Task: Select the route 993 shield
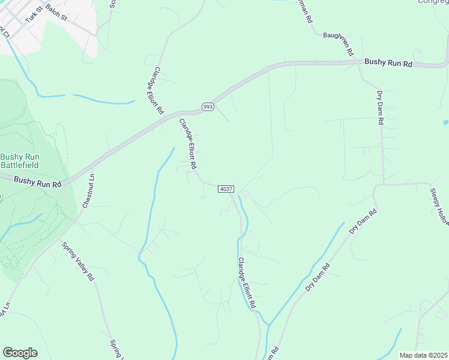click(x=208, y=107)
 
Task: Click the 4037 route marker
click(x=226, y=189)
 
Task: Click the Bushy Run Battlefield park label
click(x=19, y=160)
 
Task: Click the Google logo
click(x=20, y=353)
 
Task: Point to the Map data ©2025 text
click(x=423, y=355)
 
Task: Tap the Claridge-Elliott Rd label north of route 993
click(x=155, y=90)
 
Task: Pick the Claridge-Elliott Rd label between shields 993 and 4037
click(x=188, y=144)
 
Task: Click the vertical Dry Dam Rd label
click(x=380, y=107)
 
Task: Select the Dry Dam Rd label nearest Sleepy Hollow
click(x=363, y=221)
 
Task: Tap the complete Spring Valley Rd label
click(x=78, y=262)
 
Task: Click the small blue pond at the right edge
click(x=445, y=122)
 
